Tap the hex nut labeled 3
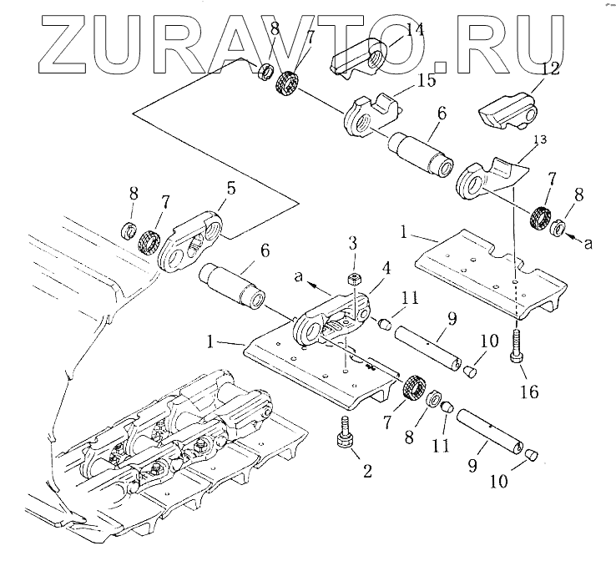(354, 280)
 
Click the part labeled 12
(507, 109)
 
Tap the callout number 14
(415, 31)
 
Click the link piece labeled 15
(366, 117)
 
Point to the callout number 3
(353, 243)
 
